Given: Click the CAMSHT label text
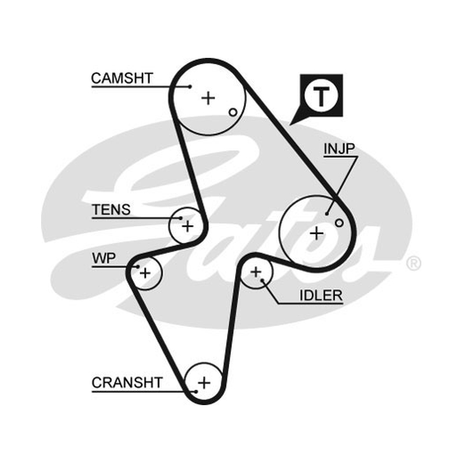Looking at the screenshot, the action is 122,78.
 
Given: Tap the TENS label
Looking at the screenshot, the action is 111,210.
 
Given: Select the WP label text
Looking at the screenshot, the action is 104,258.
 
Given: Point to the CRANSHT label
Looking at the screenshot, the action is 127,383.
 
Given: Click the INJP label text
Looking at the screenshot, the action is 339,149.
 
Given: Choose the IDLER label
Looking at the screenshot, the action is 321,295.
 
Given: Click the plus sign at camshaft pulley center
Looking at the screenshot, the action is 208,98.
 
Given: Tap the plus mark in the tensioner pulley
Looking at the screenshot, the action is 188,226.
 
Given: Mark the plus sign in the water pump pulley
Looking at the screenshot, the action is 145,273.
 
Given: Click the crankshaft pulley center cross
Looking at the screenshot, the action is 204,383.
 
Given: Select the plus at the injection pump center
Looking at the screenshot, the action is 317,234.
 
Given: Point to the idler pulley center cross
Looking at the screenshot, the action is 256,271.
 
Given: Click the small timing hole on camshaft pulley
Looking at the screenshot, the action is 233,112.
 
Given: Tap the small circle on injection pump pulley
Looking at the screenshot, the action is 339,223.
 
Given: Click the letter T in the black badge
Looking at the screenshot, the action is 321,97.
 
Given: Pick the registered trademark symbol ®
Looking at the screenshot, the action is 414,263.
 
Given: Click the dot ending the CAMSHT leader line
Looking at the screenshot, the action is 190,86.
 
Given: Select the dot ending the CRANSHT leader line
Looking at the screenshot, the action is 196,392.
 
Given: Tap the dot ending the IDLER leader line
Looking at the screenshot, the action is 262,280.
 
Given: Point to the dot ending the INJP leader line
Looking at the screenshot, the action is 327,214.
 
